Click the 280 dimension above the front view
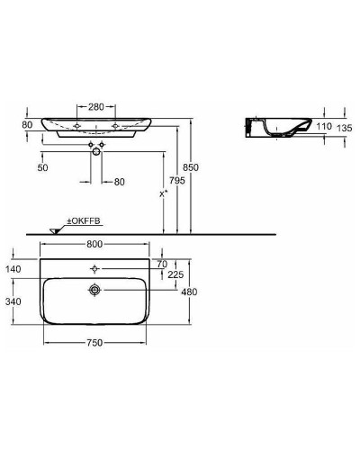[97, 104]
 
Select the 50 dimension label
[42, 168]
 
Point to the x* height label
[163, 193]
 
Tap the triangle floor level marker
[52, 230]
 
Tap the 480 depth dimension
[187, 291]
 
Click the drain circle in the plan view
[94, 291]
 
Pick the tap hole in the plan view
[94, 268]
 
